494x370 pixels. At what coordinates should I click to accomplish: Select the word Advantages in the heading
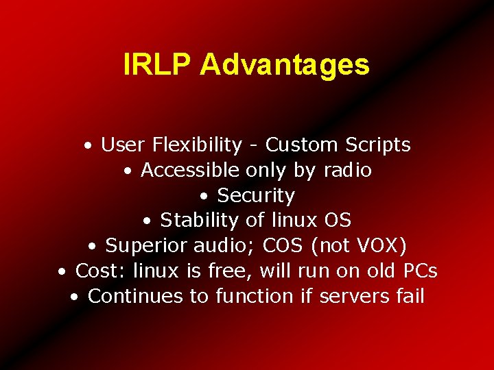pos(285,65)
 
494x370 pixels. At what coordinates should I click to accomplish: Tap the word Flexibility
pos(198,145)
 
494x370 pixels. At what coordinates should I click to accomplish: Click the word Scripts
pos(378,145)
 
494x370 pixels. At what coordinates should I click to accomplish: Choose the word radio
pos(346,170)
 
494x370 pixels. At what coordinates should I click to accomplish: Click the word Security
pos(256,195)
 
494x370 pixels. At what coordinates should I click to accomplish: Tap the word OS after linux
pos(337,221)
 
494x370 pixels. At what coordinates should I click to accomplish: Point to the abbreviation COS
pos(282,245)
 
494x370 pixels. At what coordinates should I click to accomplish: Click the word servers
pos(352,296)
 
